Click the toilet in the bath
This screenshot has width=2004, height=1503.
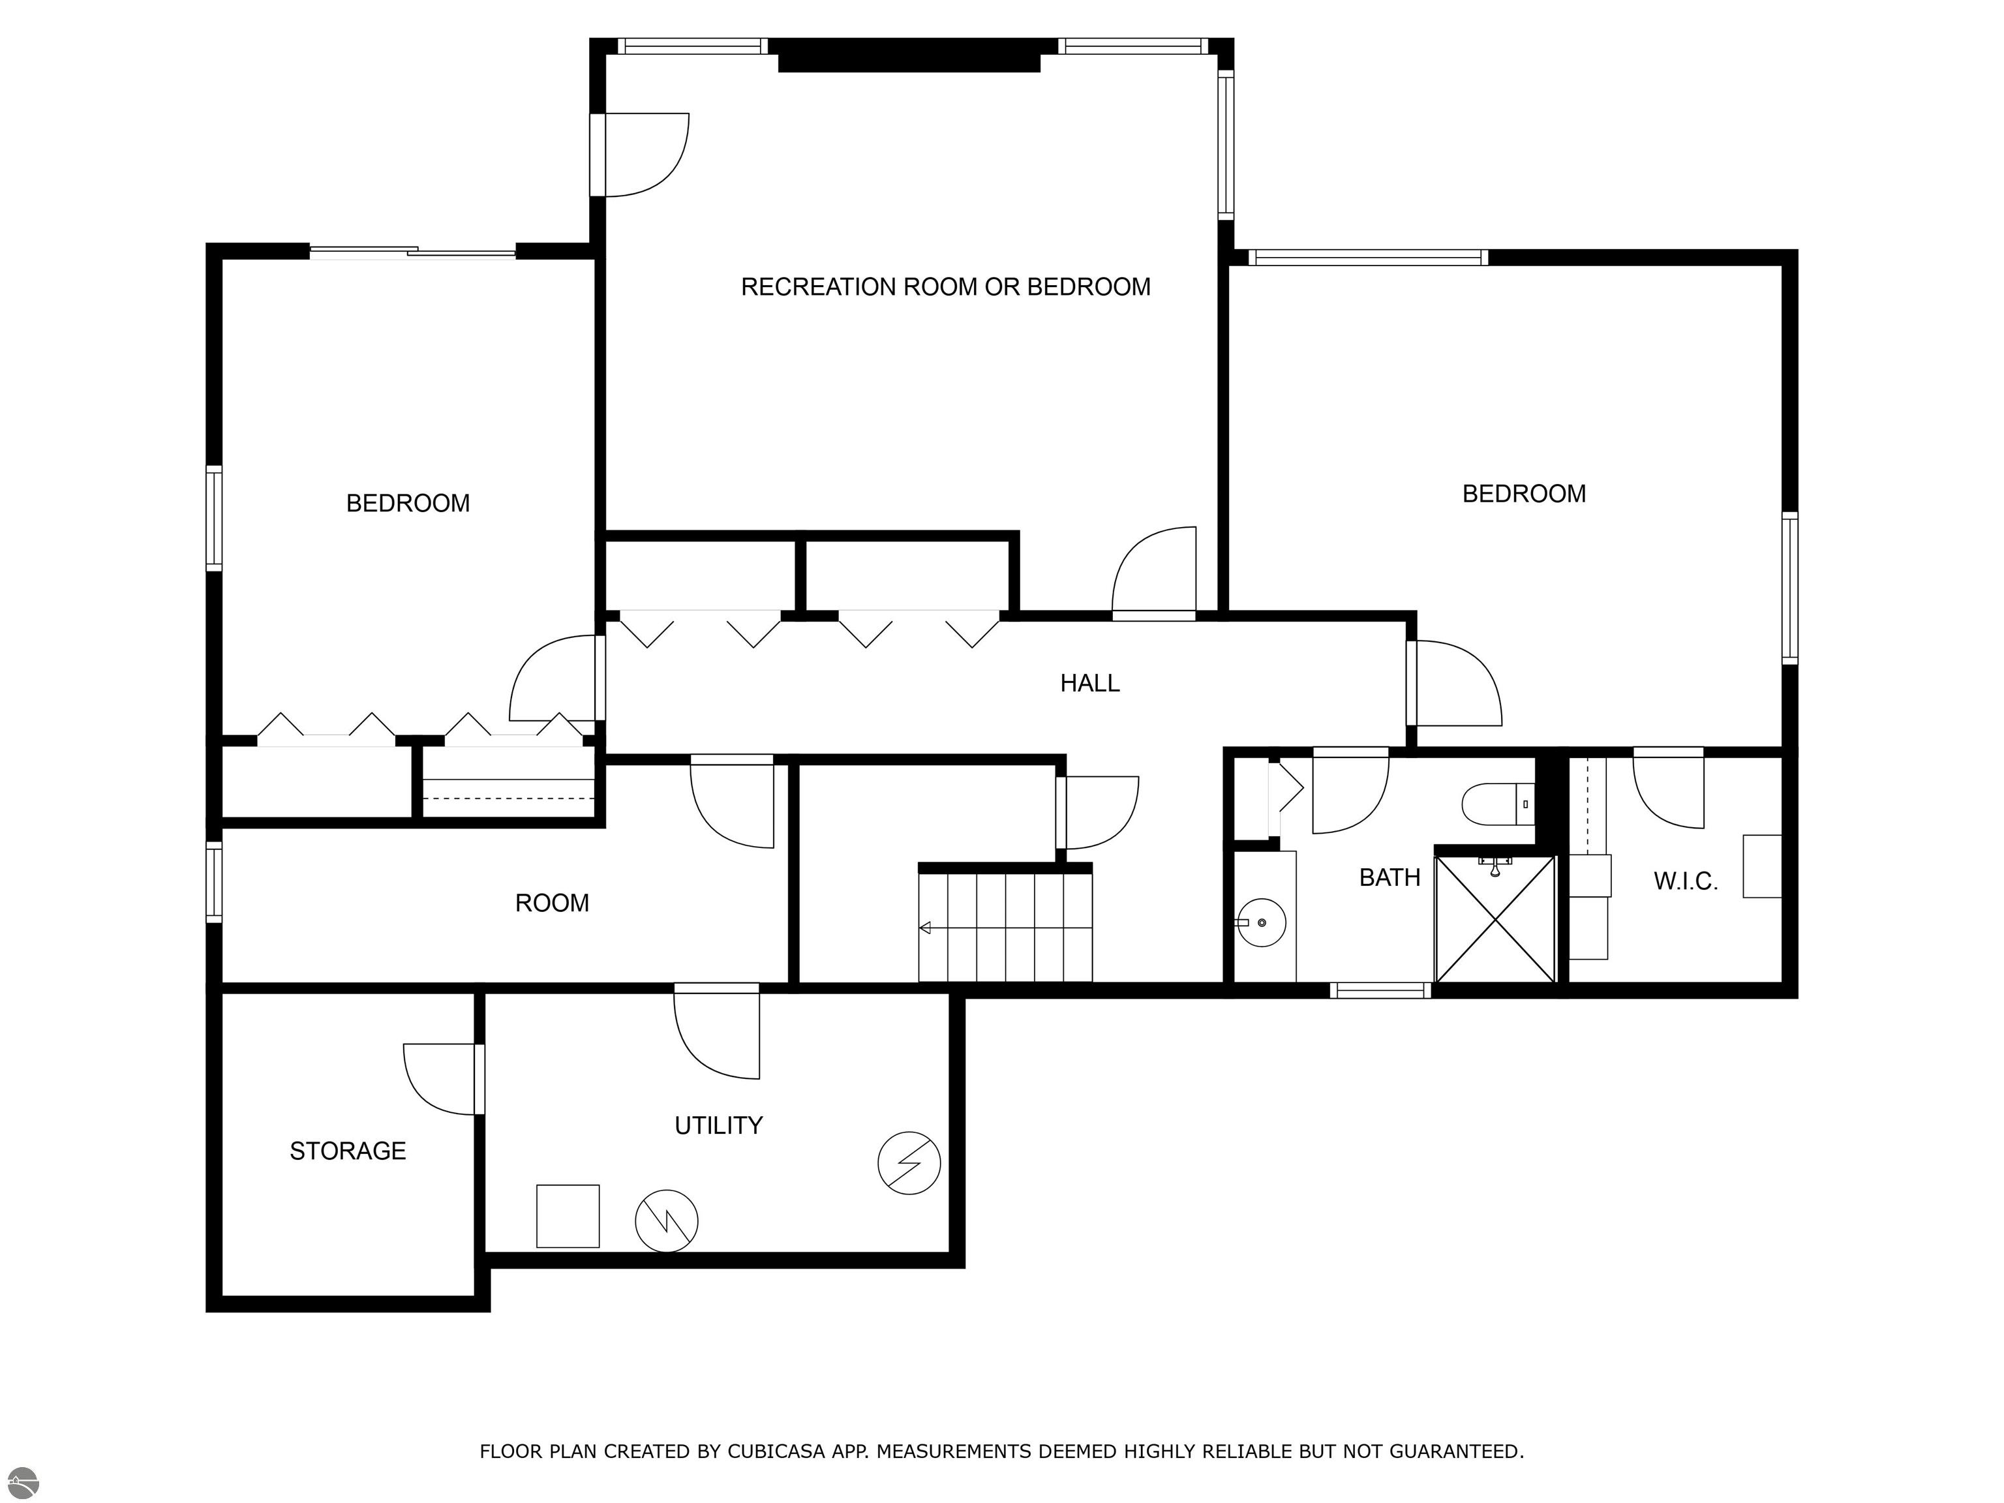1496,804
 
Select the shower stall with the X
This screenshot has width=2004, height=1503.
1495,918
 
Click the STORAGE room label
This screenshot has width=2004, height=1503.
347,1151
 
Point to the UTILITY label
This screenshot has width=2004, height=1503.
718,1125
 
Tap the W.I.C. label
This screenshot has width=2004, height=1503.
1685,881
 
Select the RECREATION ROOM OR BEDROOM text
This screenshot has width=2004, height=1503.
945,287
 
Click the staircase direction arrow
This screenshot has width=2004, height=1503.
926,928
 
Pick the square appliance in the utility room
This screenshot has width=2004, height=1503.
568,1216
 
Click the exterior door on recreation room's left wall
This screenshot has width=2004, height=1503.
639,154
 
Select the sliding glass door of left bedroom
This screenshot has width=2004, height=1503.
413,252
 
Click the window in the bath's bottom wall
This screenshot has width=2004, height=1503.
1380,990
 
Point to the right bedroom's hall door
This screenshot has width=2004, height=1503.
1454,683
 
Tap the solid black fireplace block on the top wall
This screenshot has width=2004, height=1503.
909,56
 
